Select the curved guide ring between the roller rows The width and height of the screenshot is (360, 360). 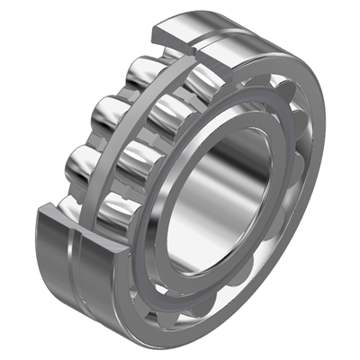pyautogui.click(x=126, y=144)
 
